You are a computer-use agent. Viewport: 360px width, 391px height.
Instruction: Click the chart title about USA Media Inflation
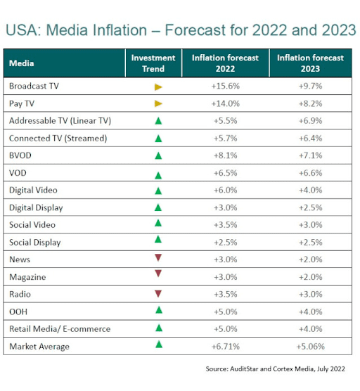[180, 30]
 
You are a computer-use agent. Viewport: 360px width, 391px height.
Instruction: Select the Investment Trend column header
[153, 63]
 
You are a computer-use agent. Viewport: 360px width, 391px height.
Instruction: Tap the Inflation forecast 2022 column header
[225, 63]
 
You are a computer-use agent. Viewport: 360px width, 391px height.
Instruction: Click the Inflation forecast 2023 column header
[310, 63]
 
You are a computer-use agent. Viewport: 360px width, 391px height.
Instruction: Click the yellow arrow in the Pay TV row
[158, 103]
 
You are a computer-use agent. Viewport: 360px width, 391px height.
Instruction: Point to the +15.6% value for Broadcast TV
[225, 86]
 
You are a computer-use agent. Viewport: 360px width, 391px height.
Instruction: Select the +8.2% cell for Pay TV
[310, 103]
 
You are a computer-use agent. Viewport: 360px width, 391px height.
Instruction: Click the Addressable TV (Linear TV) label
[60, 121]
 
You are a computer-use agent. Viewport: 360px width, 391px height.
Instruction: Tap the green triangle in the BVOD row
[158, 155]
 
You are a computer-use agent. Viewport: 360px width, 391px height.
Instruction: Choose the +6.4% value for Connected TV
[310, 138]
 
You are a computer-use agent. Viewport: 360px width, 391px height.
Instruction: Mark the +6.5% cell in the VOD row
[225, 173]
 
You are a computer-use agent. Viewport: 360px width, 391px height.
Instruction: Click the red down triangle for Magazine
[158, 273]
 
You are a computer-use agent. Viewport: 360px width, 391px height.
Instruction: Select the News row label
[20, 259]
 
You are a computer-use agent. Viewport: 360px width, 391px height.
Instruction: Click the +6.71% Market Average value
[225, 346]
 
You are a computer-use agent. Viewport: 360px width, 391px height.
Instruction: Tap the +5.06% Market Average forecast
[310, 346]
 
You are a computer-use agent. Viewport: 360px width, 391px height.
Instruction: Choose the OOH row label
[19, 312]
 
